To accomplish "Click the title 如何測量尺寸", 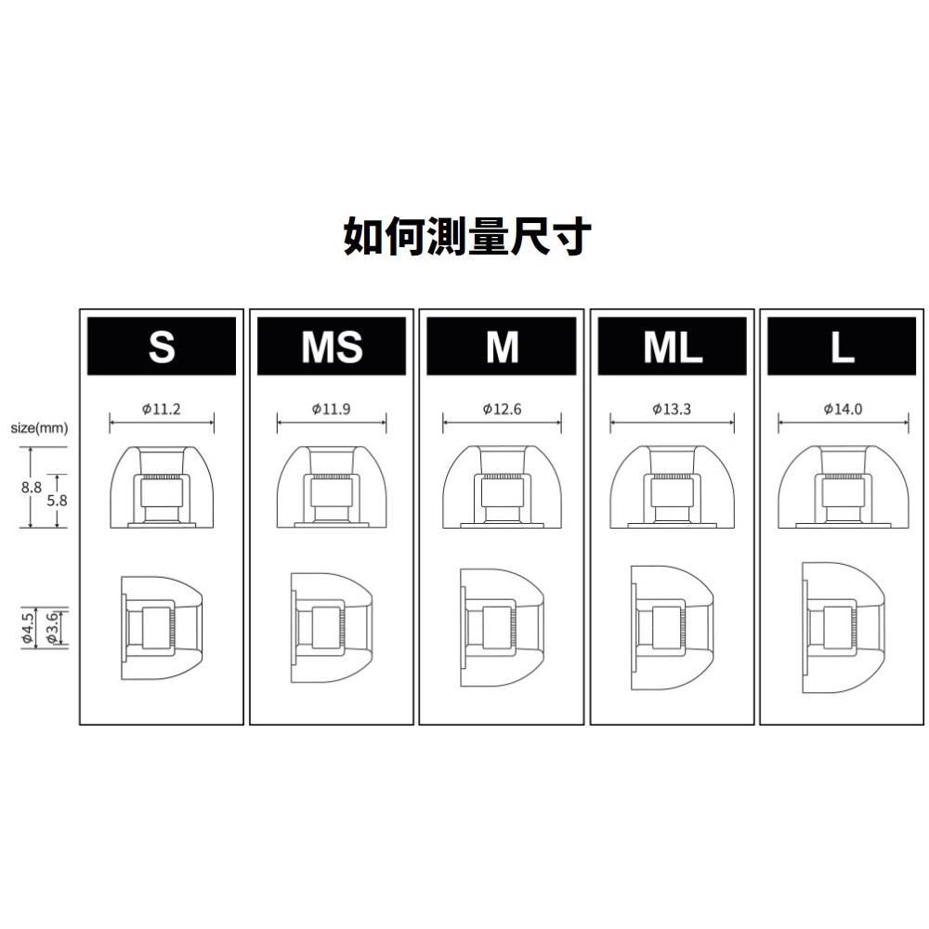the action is pos(467,236).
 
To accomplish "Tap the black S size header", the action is pos(162,346).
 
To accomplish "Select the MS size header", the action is pos(332,346).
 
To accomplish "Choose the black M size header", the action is pos(502,346).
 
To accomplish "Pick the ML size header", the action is pos(673,346).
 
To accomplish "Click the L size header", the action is pos(842,346).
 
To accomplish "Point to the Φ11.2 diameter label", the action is pos(161,409).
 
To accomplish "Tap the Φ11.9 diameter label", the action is pos(332,409).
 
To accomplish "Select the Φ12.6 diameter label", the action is pos(502,409).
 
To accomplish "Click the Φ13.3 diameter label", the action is pos(672,409).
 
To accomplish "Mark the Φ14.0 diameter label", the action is pos(843,409).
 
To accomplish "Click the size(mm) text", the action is pos(39,427).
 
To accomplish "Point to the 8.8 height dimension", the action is pos(32,488).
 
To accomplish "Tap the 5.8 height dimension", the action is pos(57,501).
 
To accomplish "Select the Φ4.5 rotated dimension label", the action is pos(27,628).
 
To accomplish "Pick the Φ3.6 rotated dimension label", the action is pos(52,628).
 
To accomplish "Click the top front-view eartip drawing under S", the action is pos(162,487).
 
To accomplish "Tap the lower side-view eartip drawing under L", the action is pos(844,627).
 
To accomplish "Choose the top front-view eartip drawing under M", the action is pos(502,487).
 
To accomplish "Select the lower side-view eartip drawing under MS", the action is pos(332,627).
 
